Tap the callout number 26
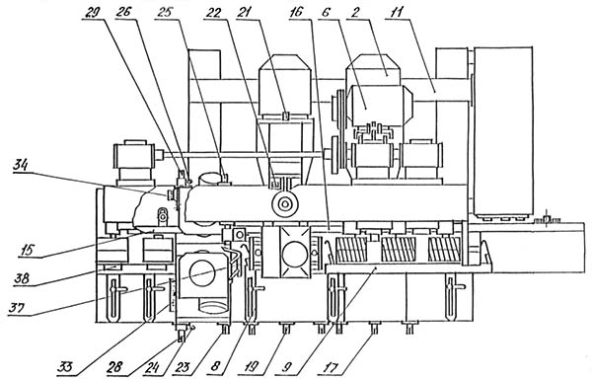click(123, 12)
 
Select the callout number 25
click(164, 12)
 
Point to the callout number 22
click(214, 12)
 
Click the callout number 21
click(246, 12)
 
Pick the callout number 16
click(296, 12)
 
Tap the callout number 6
click(326, 12)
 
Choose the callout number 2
click(355, 12)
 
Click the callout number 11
click(394, 12)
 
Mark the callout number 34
click(22, 165)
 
